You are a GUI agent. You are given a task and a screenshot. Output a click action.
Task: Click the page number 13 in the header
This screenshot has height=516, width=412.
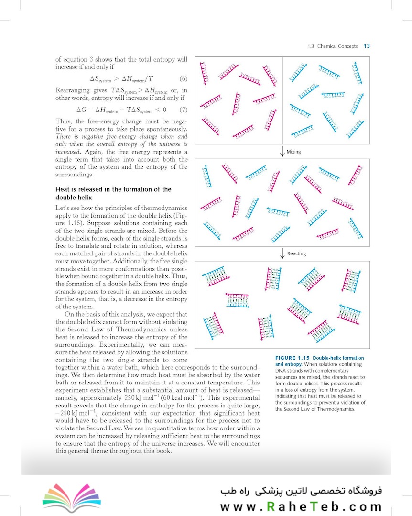coord(367,46)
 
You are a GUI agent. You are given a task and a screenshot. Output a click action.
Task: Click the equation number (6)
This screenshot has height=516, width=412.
coord(183,78)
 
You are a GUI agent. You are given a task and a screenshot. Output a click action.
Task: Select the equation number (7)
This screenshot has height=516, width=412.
coord(183,110)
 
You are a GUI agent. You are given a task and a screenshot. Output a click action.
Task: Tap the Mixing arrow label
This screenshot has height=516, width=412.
coord(293,152)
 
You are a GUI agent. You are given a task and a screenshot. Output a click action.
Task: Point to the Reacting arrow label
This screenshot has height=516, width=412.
coord(296,253)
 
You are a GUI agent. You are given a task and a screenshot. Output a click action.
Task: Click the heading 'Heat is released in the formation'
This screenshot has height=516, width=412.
coord(113,189)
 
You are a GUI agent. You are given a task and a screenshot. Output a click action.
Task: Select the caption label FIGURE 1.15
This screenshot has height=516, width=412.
coord(293,358)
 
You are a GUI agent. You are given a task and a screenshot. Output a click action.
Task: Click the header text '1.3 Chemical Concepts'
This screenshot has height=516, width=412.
coord(333,46)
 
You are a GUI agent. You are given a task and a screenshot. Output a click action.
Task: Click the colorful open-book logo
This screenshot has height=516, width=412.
coord(65,495)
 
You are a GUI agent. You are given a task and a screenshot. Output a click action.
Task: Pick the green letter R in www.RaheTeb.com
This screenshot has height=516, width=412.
coord(271,507)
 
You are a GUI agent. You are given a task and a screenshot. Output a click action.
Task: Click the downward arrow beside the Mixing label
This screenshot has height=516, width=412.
coord(282,152)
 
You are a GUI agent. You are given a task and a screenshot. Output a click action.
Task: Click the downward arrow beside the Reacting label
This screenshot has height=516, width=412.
coord(282,253)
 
